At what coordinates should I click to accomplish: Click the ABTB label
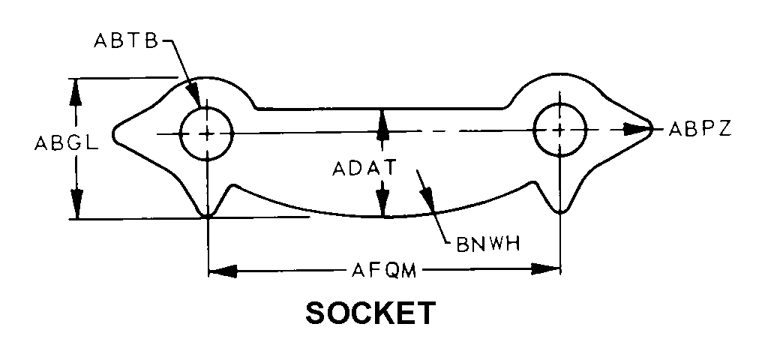[x=127, y=41]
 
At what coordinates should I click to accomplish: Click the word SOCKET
[x=370, y=313]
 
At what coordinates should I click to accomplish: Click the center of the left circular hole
[x=207, y=133]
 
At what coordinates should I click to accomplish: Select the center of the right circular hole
[x=559, y=130]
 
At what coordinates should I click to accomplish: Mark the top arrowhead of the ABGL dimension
[x=76, y=90]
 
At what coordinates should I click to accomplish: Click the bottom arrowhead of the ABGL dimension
[x=76, y=205]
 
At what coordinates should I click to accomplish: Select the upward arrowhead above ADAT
[x=383, y=122]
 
